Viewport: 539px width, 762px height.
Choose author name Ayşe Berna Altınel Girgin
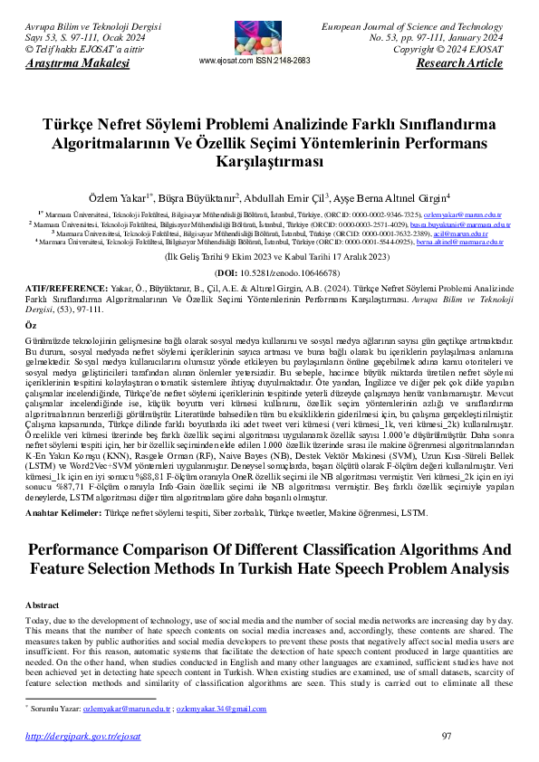click(405, 197)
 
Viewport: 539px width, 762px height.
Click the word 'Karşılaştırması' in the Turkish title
click(269, 161)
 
